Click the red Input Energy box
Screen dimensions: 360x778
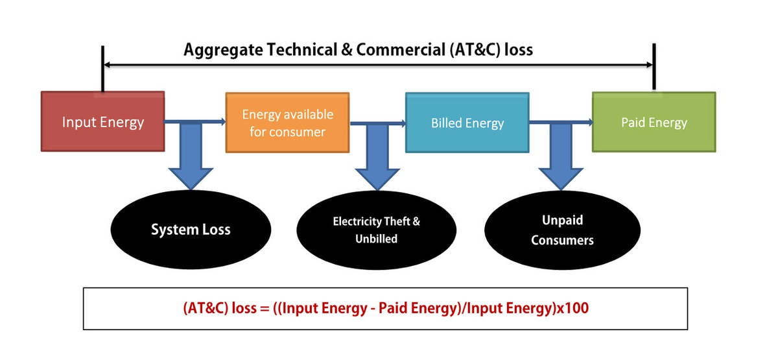[x=102, y=123]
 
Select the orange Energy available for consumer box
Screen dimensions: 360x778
[x=287, y=123]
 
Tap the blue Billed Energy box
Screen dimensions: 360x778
[x=467, y=123]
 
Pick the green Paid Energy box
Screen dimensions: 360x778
[x=654, y=123]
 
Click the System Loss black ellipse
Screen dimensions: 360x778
[x=190, y=229]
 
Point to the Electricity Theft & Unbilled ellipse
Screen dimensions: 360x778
[x=376, y=230]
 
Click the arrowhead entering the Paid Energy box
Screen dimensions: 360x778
[x=588, y=122]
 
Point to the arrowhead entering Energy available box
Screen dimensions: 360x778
[x=221, y=122]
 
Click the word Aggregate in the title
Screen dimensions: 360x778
[x=216, y=50]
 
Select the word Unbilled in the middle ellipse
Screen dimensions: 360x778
[x=376, y=239]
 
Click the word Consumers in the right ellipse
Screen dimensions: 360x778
[x=562, y=240]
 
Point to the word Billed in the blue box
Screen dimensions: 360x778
[x=447, y=123]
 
